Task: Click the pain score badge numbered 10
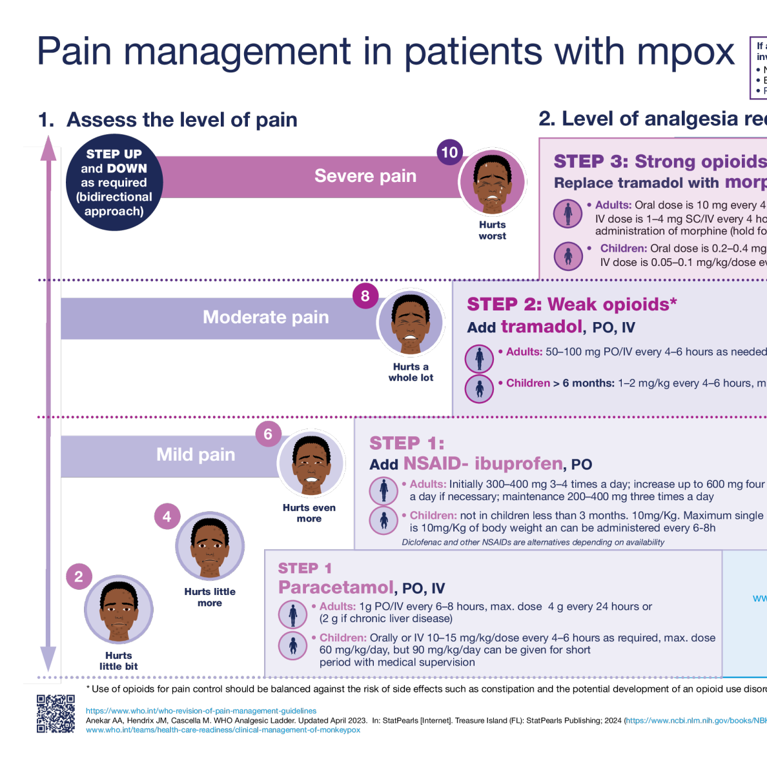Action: point(449,153)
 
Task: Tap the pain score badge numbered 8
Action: point(365,296)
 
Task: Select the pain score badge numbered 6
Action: point(268,434)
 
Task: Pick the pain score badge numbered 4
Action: point(167,516)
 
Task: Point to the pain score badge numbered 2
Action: point(79,577)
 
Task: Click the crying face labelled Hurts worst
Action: point(493,182)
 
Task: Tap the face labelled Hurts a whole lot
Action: point(411,323)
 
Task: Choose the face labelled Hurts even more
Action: point(311,463)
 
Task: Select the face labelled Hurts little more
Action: point(210,546)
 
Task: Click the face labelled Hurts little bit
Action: point(119,610)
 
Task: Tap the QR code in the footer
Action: point(56,714)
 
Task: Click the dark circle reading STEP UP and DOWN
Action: point(114,183)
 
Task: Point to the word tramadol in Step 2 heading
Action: point(542,327)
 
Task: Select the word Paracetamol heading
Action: point(336,587)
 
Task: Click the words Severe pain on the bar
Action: point(365,176)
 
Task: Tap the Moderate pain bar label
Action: point(266,318)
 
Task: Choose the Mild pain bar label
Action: point(196,455)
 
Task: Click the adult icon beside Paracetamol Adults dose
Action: point(292,614)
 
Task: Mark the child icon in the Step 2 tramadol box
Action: point(479,389)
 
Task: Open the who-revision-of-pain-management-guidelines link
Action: point(201,711)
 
